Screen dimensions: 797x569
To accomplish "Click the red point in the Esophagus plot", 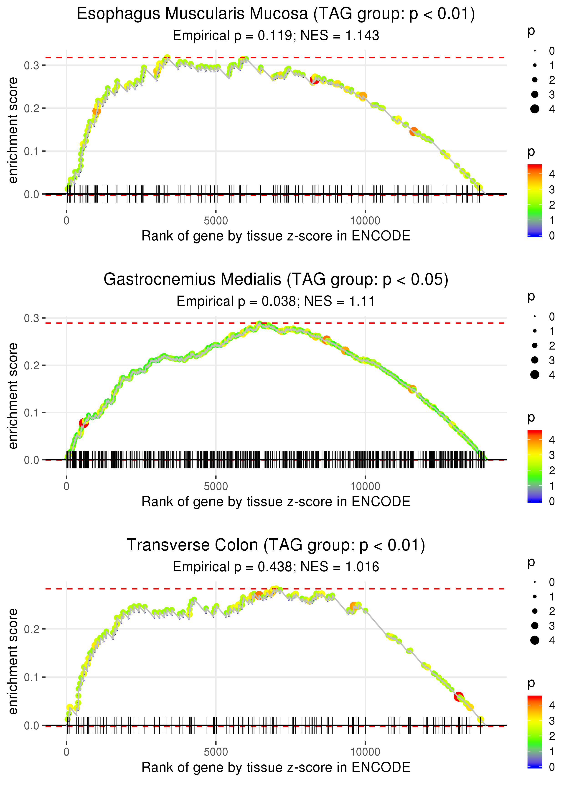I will [x=314, y=79].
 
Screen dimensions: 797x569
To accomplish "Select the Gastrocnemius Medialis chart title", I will [x=276, y=280].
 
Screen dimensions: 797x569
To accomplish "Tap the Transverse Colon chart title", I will [x=276, y=545].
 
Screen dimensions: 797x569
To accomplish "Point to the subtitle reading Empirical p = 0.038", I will [x=276, y=301].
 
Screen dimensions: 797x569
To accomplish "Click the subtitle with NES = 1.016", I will [x=276, y=567].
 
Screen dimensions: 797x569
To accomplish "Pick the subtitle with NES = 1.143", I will [x=276, y=35].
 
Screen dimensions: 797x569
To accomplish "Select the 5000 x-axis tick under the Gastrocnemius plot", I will [x=216, y=486].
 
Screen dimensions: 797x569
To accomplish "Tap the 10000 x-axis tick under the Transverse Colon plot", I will [x=365, y=752].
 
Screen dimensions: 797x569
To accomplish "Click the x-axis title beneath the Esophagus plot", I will [x=276, y=236].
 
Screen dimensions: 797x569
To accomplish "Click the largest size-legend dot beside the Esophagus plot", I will [x=535, y=109].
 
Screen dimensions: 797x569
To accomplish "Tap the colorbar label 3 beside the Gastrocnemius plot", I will [x=552, y=455].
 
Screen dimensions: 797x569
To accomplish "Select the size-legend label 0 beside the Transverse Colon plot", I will [x=552, y=582].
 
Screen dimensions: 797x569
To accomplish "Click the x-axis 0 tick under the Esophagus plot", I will [x=66, y=221].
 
